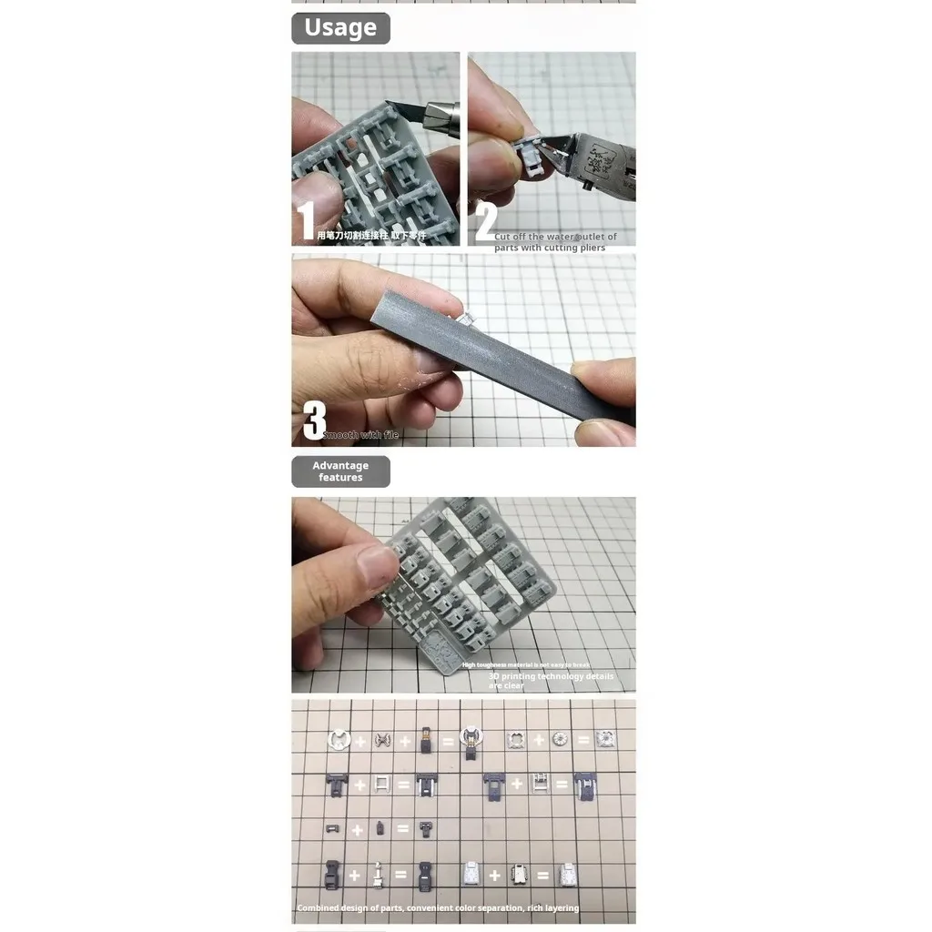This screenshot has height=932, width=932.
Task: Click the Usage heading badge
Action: [x=340, y=28]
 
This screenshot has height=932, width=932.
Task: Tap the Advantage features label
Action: [x=340, y=471]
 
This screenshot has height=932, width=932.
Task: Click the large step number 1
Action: [x=307, y=221]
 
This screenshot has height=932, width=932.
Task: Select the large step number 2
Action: [x=486, y=221]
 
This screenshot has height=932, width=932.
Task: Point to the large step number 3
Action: [x=314, y=420]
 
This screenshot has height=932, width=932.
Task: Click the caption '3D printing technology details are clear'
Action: [x=552, y=681]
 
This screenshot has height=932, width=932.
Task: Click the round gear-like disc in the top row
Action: [x=560, y=740]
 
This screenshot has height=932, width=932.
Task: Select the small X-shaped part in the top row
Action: [x=382, y=741]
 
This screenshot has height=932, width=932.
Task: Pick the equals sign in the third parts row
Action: [x=402, y=829]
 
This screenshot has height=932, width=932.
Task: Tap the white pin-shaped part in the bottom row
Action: [x=379, y=876]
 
